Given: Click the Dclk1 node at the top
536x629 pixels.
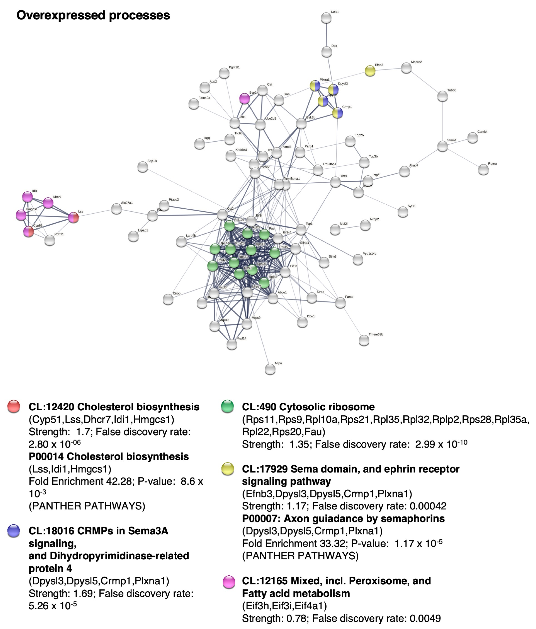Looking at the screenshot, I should [326, 18].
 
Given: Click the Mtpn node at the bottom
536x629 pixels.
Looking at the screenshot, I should [270, 369].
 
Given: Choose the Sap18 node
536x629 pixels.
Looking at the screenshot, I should [143, 167].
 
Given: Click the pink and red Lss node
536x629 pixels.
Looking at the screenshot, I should [73, 217].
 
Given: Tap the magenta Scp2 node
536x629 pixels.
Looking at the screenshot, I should [244, 98].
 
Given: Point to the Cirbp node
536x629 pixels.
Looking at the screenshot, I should [168, 299].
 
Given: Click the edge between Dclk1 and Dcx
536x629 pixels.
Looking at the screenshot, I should [326, 35].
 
